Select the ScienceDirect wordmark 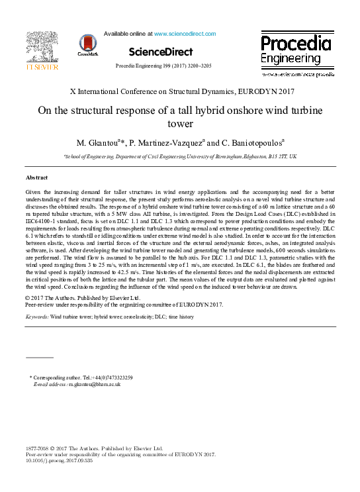pyautogui.click(x=161, y=52)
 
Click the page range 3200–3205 pyautogui.click(x=197, y=67)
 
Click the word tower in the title pyautogui.click(x=179, y=124)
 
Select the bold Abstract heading pyautogui.click(x=37, y=178)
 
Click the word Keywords pyautogui.click(x=36, y=317)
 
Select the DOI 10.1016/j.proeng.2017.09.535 pyautogui.click(x=59, y=461)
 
